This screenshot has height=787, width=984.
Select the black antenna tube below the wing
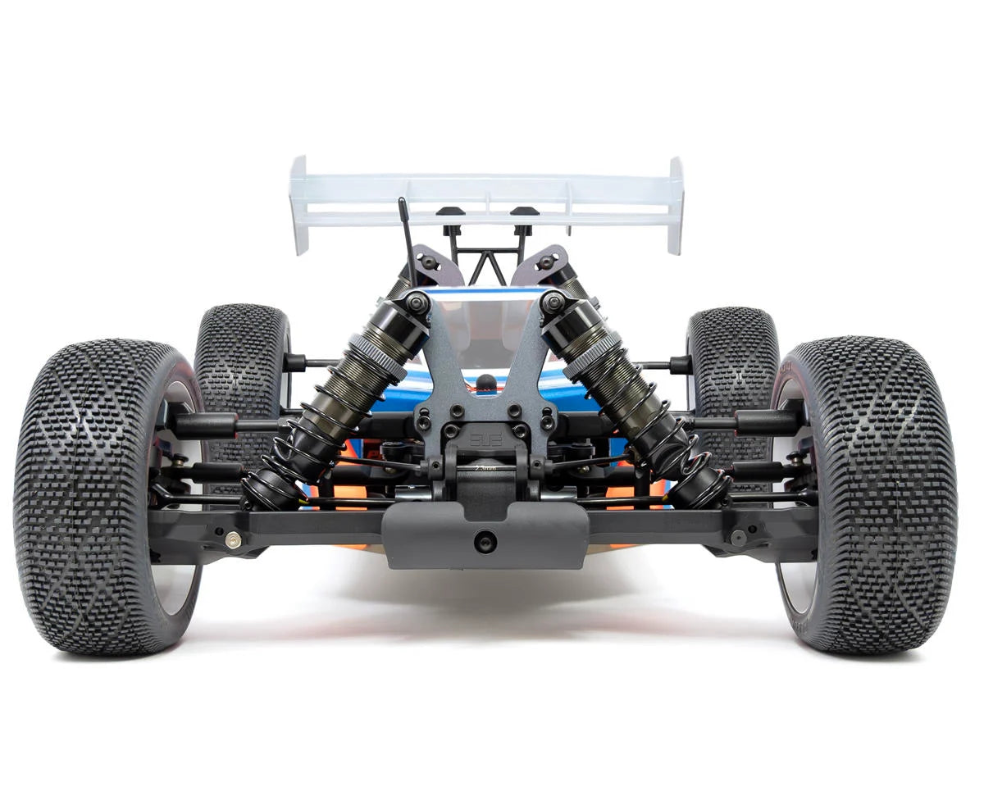[405, 234]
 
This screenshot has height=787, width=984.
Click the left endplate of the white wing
[300, 205]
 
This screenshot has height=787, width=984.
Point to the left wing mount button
[447, 212]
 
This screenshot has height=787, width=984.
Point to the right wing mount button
[519, 212]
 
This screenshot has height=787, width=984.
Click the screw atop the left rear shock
[417, 302]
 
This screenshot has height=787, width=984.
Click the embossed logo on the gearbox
[483, 434]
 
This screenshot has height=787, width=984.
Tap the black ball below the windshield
[486, 381]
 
